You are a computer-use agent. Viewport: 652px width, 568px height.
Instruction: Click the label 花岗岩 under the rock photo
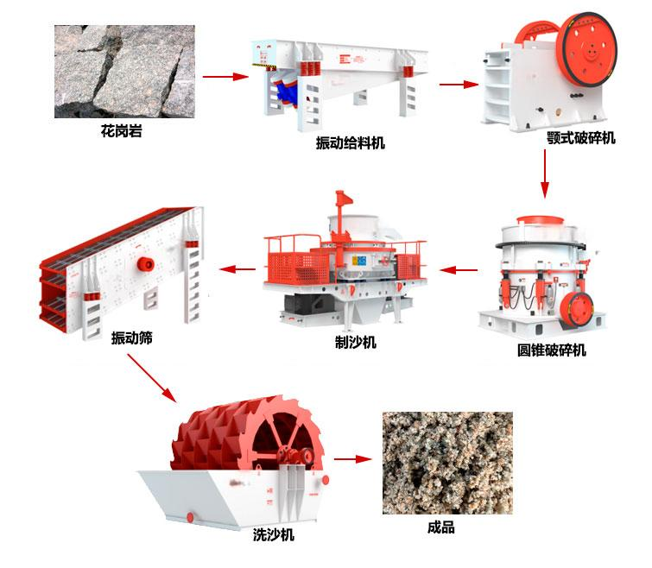coord(121,131)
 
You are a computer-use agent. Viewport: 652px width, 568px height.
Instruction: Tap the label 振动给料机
coord(350,143)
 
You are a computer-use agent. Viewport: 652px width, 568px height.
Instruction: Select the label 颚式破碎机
coord(581,138)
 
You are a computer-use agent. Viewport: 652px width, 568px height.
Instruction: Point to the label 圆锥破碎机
coord(551,350)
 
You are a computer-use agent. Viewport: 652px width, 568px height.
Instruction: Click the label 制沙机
coord(356,343)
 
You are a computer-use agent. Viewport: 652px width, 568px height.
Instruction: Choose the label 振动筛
coord(132,338)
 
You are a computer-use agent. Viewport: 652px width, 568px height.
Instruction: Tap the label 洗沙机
coord(274,534)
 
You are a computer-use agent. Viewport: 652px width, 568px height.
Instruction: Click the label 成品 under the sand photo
coord(441,527)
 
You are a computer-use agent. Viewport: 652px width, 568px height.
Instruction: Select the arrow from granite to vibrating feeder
coord(225,77)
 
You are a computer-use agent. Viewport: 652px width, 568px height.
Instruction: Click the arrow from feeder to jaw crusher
coord(459,85)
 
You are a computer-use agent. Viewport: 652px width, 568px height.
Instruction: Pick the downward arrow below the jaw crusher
coord(545,174)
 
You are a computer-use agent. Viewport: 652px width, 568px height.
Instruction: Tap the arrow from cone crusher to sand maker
coord(459,270)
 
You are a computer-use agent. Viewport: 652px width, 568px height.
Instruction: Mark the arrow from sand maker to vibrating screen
coord(237,269)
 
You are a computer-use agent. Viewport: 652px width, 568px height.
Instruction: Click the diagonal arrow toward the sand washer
coord(152,378)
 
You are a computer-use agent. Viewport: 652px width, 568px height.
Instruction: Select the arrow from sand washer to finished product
coord(352,459)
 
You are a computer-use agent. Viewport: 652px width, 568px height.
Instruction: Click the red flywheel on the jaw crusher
coord(586,50)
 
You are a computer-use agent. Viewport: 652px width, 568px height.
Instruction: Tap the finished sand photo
coord(447,463)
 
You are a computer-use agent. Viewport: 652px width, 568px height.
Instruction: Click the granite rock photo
coord(124,72)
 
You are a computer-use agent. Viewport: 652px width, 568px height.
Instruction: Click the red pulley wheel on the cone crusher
coord(576,309)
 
